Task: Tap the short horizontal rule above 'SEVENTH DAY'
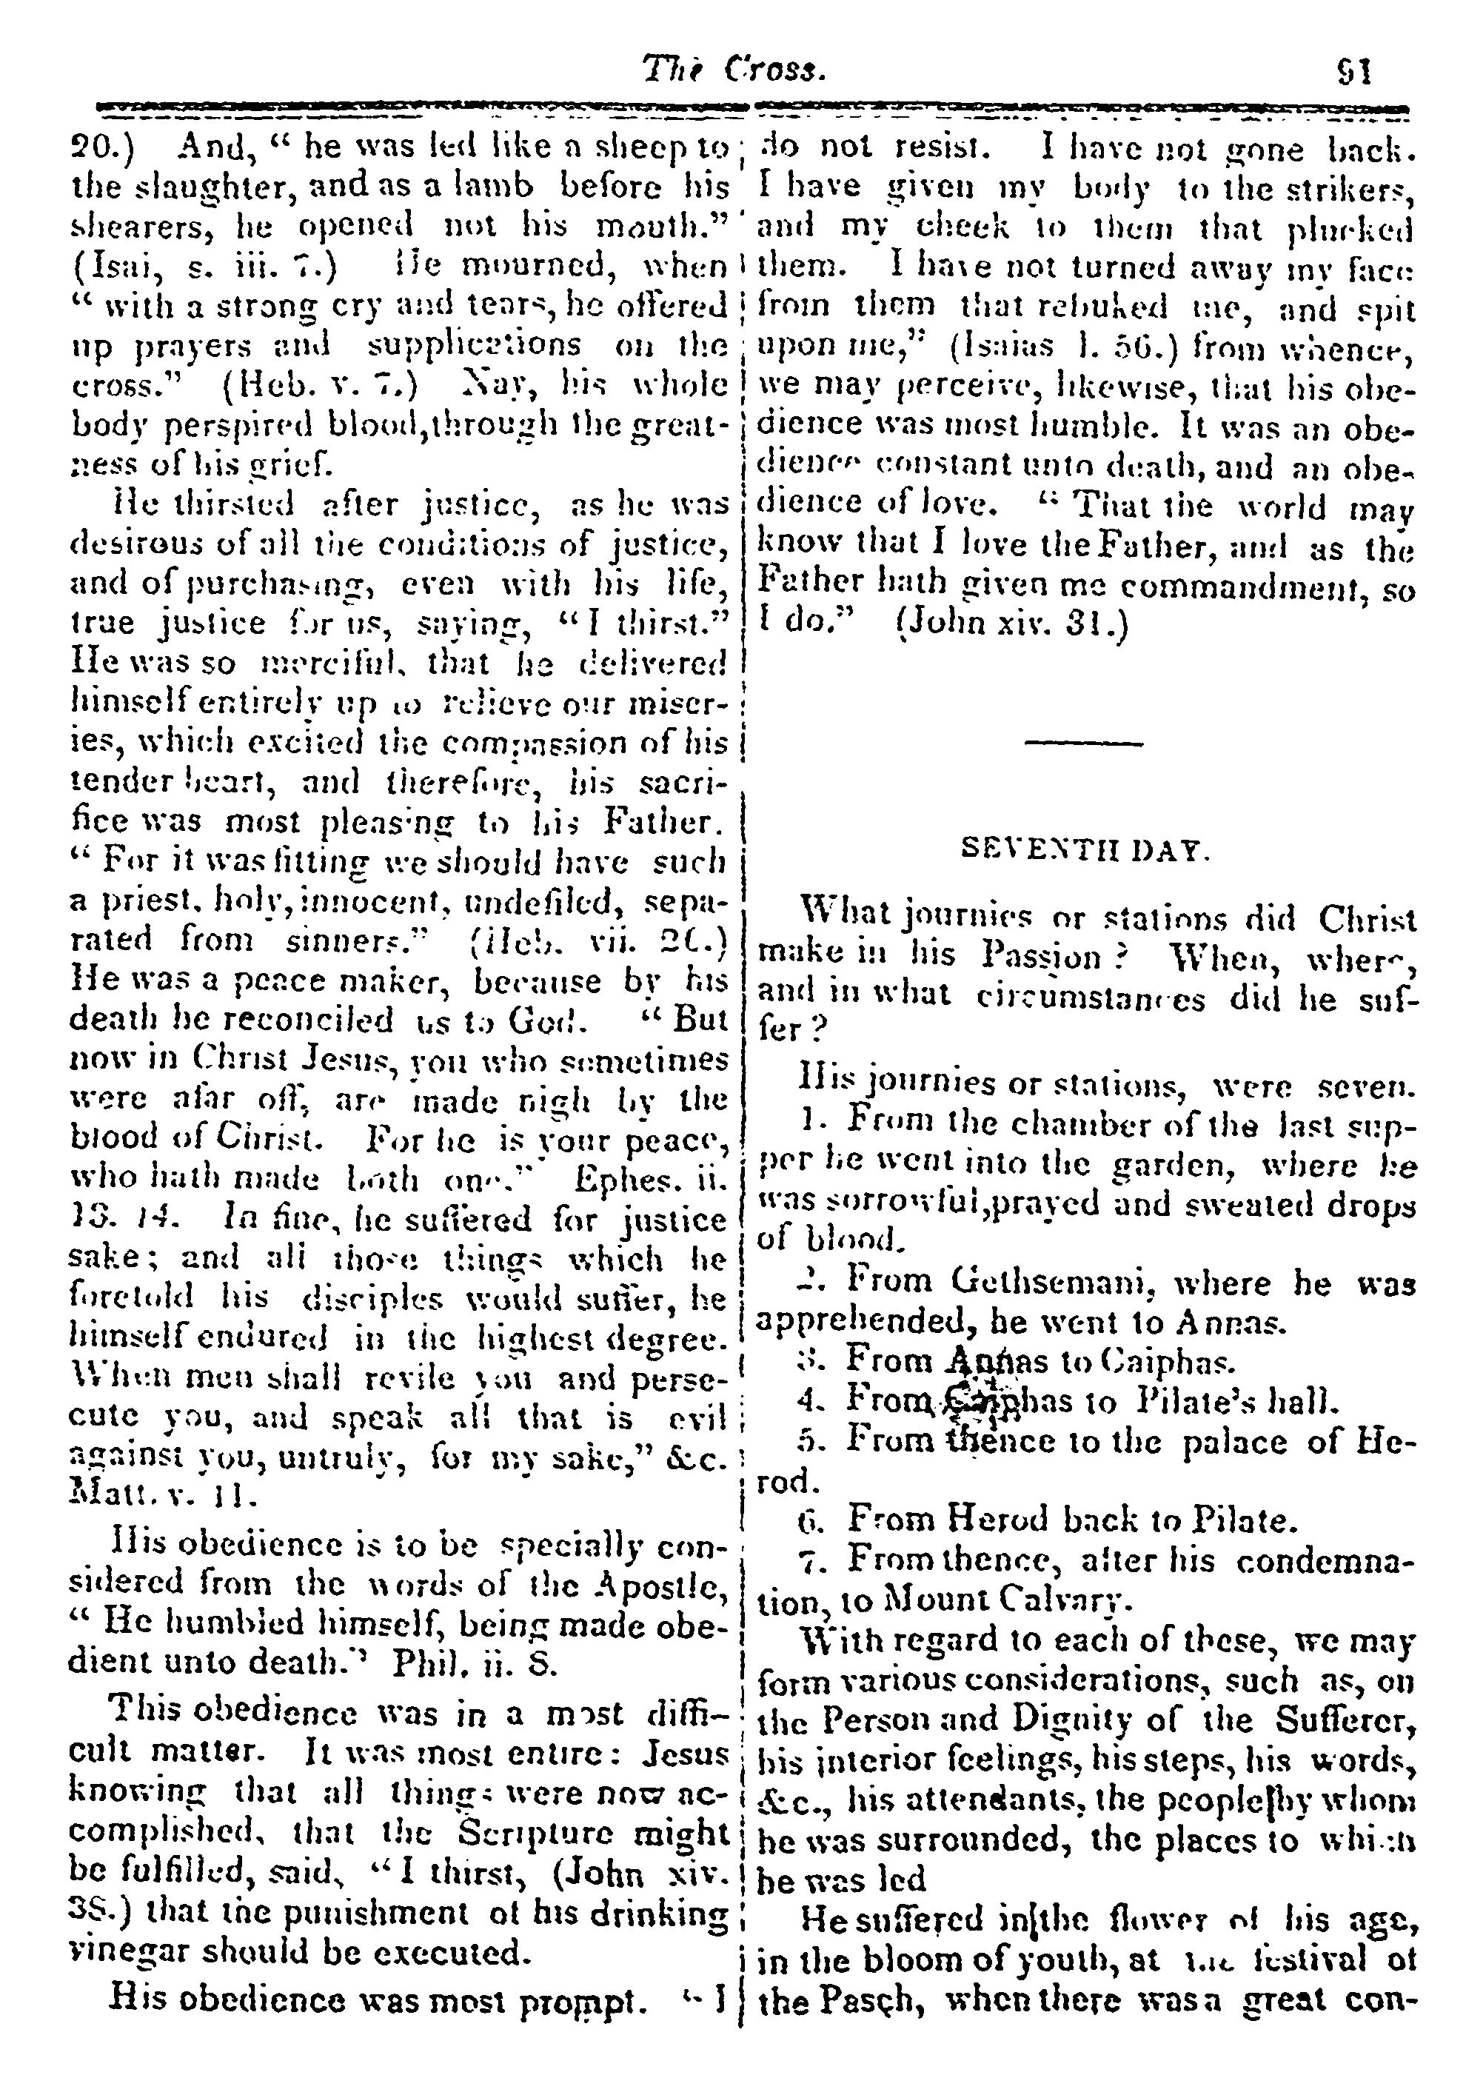pos(1084,744)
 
